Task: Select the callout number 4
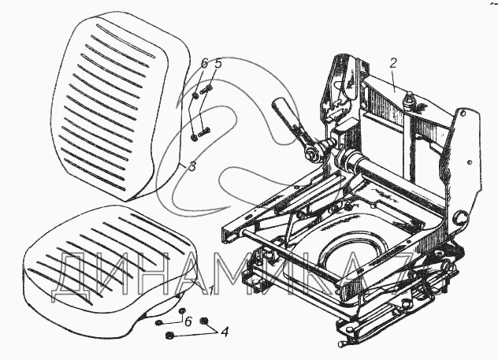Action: pyautogui.click(x=225, y=332)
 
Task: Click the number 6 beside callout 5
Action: pyautogui.click(x=204, y=64)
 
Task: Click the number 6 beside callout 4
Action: pyautogui.click(x=187, y=321)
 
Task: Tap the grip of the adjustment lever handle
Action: pyautogui.click(x=284, y=109)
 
